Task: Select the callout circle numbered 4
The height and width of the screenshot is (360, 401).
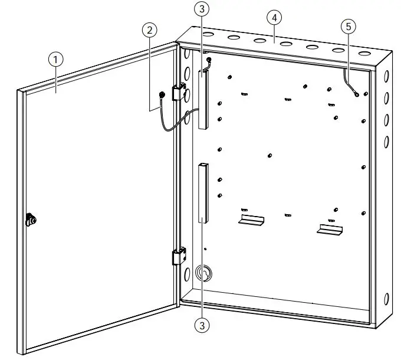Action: point(274,17)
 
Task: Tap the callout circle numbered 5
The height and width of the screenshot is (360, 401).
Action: point(349,26)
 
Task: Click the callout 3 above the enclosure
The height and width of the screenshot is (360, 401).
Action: point(203,8)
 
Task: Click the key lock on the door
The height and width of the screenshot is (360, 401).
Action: point(31,220)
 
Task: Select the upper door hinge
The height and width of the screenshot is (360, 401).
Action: point(179,93)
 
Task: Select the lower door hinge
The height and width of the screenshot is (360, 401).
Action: point(178,256)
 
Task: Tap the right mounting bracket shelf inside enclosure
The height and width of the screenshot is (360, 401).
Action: point(329,228)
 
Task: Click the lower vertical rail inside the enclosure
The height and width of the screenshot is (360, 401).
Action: point(202,192)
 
